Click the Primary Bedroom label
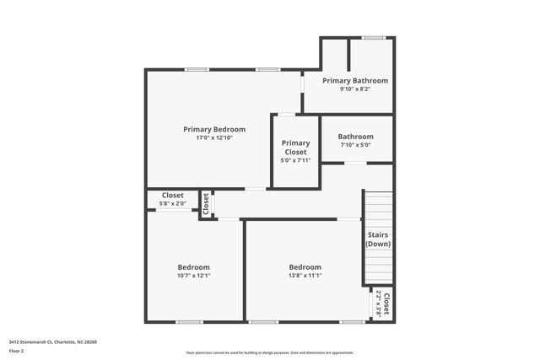[x=214, y=129]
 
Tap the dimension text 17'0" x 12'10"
[x=214, y=138]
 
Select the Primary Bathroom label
[x=355, y=80]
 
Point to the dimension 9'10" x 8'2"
[x=355, y=89]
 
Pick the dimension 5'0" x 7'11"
[x=295, y=160]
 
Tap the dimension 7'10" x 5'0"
[x=355, y=145]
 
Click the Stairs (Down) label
[x=378, y=239]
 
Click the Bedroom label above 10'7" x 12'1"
[x=193, y=266]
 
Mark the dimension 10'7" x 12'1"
[x=193, y=276]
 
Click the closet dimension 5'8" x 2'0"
[x=172, y=203]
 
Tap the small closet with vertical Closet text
[x=205, y=203]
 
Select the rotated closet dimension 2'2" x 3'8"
[x=379, y=303]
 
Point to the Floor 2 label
[x=18, y=352]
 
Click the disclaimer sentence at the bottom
[x=270, y=352]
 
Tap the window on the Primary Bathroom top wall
[x=373, y=37]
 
